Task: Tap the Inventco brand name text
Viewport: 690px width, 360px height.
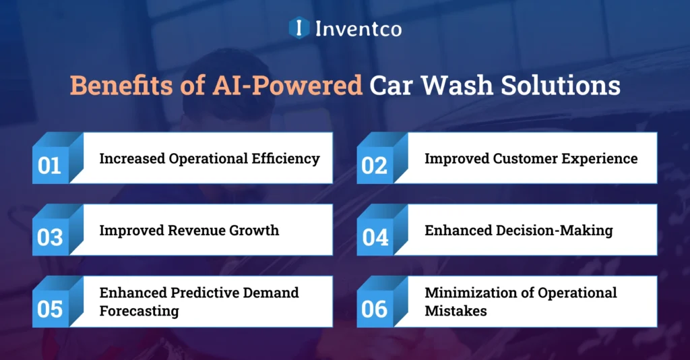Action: pyautogui.click(x=358, y=28)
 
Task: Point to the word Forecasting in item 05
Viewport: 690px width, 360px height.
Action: pyautogui.click(x=139, y=311)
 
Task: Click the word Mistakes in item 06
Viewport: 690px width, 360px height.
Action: pyautogui.click(x=456, y=311)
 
